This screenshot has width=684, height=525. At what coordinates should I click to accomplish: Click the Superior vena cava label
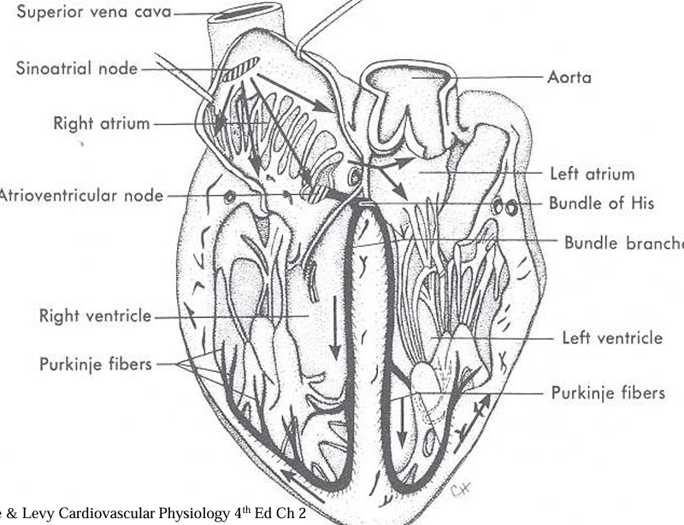pos(86,14)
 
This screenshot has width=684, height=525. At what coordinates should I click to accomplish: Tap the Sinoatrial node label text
pos(77,68)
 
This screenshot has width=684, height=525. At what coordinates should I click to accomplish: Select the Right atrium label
pos(101,123)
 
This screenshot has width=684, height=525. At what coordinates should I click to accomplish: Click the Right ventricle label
pos(95,316)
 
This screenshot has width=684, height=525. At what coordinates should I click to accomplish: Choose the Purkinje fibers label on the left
pos(96,364)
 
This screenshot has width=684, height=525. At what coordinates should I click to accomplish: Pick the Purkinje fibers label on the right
pos(608,392)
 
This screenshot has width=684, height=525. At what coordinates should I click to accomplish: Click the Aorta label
pos(569,77)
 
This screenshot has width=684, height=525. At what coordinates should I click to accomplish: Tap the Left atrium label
pos(592,174)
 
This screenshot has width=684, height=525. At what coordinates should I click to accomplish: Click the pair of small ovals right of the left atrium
pos(504,207)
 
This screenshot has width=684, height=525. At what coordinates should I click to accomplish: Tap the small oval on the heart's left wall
pos(229,196)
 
